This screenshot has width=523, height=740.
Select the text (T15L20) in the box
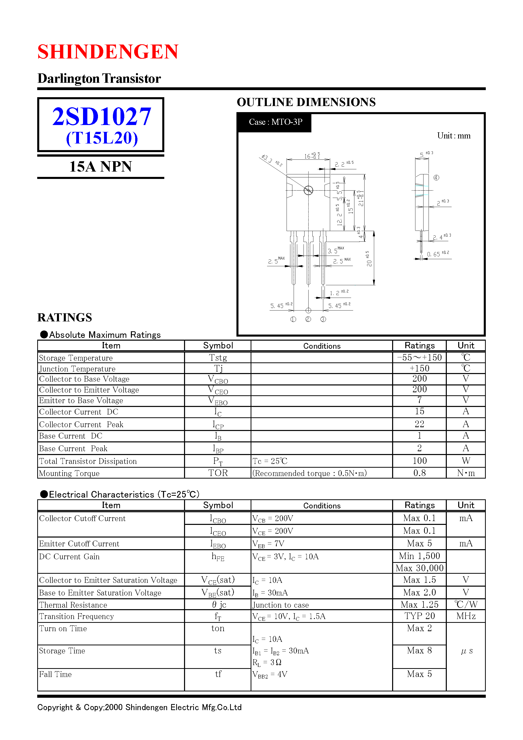coord(102,138)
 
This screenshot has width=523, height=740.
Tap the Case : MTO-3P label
coord(275,122)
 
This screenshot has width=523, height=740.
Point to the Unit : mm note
coord(453,136)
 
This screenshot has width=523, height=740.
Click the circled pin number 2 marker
coord(308,319)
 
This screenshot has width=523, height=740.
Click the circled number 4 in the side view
coord(436,178)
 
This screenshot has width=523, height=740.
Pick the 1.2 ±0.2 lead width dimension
coord(338,293)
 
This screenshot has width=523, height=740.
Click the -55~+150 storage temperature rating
coord(419,357)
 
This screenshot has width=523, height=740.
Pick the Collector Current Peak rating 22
coord(419,424)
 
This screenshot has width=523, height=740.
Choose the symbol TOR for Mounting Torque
coord(218,473)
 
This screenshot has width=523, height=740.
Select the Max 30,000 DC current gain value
coord(419,568)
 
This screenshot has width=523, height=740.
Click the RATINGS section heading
coord(65,317)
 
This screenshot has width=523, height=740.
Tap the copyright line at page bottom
coord(139,707)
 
